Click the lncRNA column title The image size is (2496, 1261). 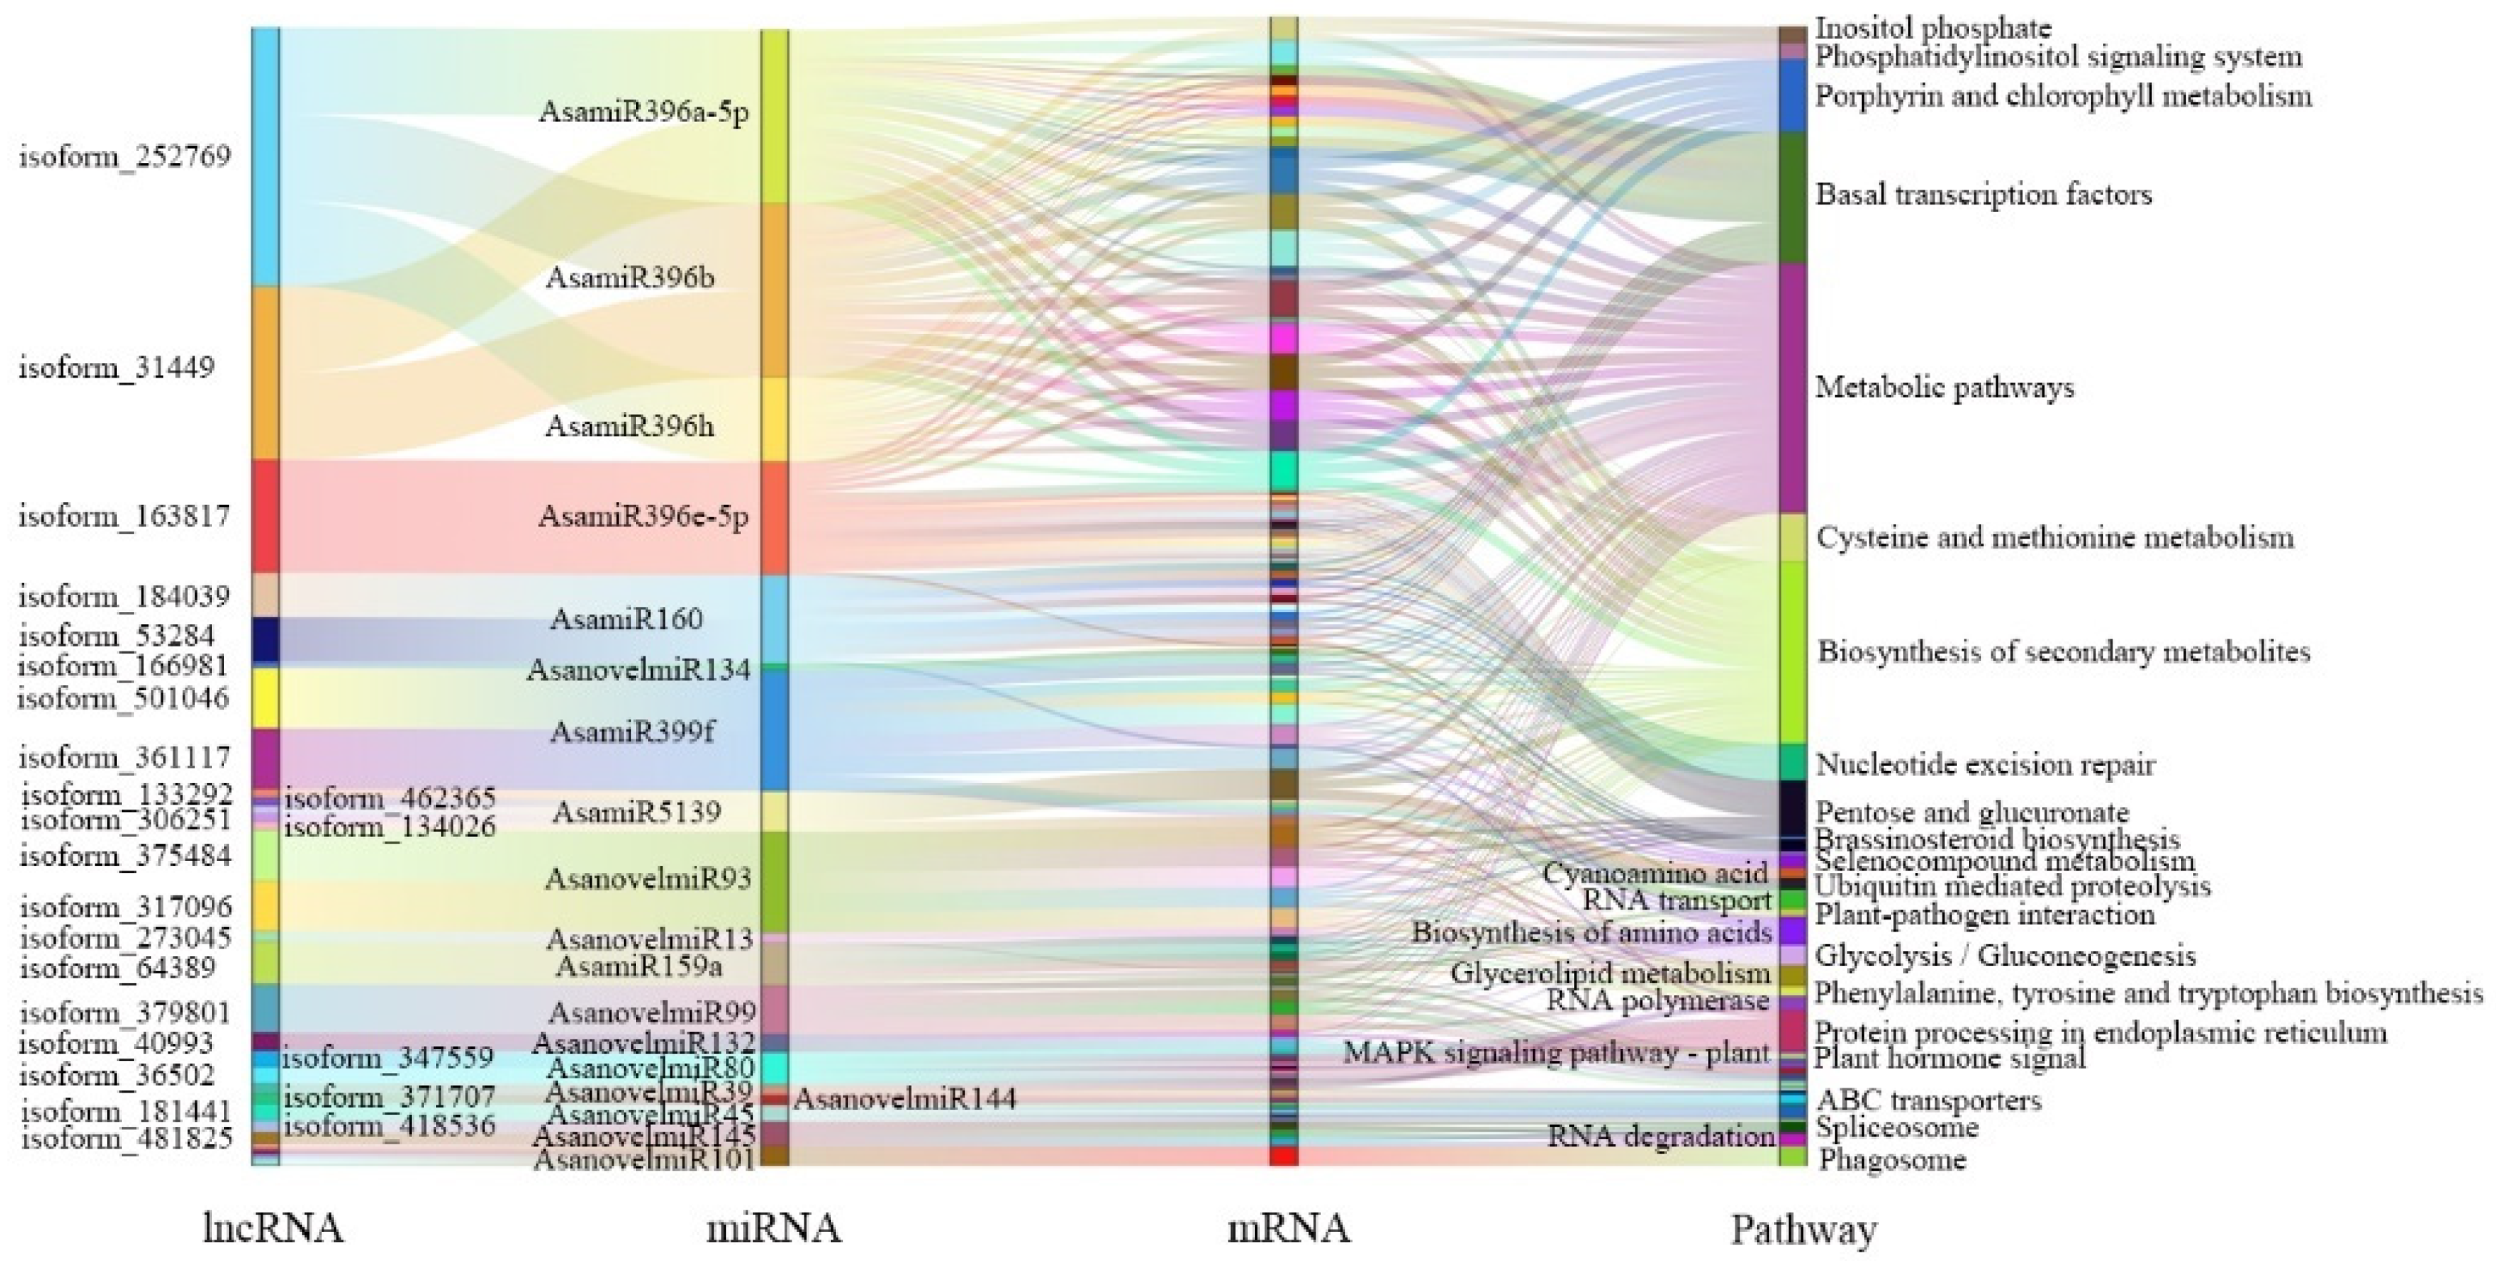coord(273,1228)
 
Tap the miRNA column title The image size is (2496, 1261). coord(773,1228)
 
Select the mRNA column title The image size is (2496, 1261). coord(1288,1228)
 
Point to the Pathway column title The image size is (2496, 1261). coord(1804,1230)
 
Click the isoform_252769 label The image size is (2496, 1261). coord(125,156)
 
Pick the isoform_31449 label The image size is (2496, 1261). coord(116,368)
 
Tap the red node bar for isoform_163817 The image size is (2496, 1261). coord(266,516)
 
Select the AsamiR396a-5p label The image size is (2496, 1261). coord(643,112)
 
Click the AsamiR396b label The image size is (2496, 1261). coord(630,278)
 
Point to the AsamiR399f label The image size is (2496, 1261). coord(632,731)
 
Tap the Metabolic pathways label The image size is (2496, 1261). coord(1944,388)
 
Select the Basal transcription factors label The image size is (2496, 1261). coord(1983,195)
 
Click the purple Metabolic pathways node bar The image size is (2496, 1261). coord(1793,388)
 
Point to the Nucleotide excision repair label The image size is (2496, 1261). coord(1985,765)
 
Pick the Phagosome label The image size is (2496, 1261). coord(1892,1159)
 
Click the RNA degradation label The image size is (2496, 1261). coord(1661,1135)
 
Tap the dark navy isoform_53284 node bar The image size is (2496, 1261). coord(266,640)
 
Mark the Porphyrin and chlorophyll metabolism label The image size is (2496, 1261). coord(2063,96)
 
